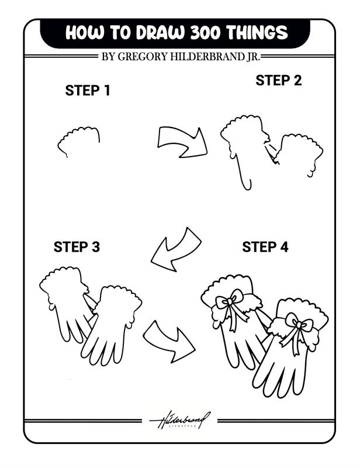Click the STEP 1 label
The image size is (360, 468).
tap(88, 91)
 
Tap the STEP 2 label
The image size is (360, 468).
tap(278, 81)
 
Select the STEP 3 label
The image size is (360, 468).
tap(77, 247)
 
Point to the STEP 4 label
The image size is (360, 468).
tap(265, 247)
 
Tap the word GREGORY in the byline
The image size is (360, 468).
tap(144, 57)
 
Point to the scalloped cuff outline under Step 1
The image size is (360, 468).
tap(79, 139)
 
